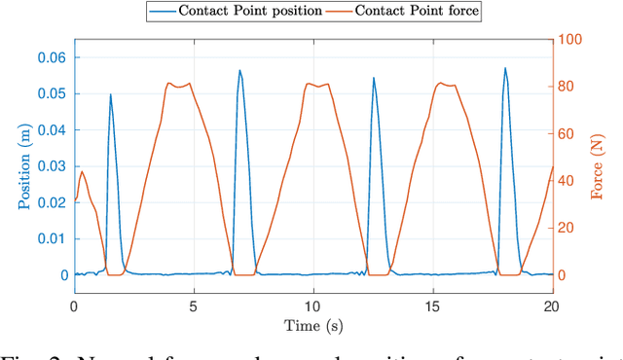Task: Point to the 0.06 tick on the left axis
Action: point(50,57)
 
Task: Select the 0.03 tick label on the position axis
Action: point(50,166)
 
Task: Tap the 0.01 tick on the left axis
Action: point(50,239)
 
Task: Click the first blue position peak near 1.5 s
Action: point(110,94)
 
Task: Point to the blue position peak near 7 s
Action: point(239,70)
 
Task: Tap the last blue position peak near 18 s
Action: point(505,68)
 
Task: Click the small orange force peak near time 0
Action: point(82,172)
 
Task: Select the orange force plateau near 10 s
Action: point(317,85)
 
